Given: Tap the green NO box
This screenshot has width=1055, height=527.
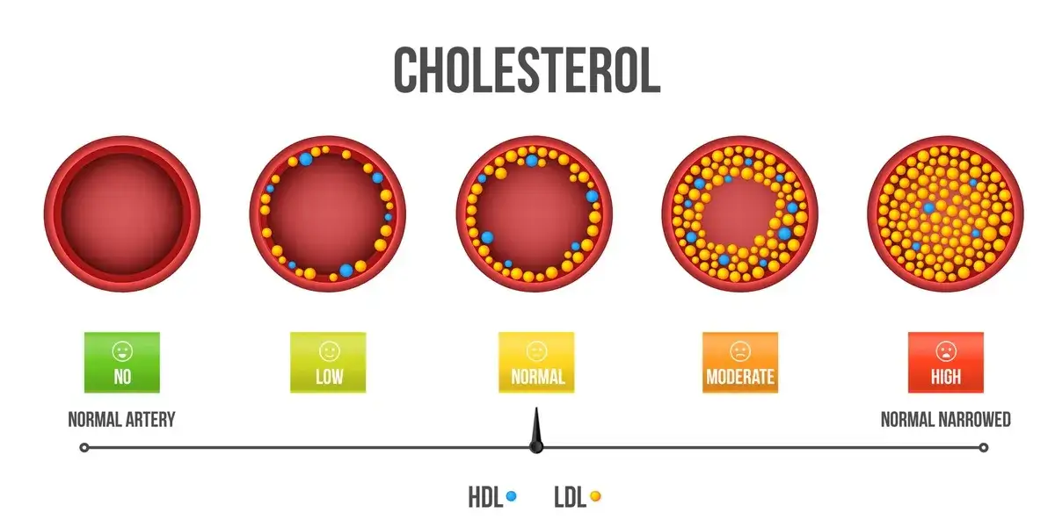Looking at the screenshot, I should [122, 363].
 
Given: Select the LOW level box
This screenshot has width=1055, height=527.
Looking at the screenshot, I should [328, 363].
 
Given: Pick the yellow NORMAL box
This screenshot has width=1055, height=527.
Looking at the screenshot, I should [536, 363].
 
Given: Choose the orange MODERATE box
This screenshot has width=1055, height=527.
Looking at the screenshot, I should [740, 363].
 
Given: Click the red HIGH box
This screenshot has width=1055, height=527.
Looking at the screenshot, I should [945, 363].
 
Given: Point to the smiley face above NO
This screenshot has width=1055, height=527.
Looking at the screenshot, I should [122, 351].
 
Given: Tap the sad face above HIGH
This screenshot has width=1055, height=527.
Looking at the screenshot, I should [945, 351].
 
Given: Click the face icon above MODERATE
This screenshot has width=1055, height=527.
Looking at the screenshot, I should [740, 351].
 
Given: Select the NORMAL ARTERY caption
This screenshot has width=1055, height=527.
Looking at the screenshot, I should [121, 420].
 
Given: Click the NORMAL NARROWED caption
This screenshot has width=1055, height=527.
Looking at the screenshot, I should [945, 420].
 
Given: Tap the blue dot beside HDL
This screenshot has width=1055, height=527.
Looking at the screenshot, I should [511, 496].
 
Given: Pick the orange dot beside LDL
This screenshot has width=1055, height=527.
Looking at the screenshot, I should [595, 496].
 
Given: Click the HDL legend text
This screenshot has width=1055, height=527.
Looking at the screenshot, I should [485, 497].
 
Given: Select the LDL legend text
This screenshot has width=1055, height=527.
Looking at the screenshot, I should [571, 497].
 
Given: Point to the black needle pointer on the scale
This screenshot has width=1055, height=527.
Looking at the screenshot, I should [535, 436].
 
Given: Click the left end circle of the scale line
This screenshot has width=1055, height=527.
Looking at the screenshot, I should [84, 447].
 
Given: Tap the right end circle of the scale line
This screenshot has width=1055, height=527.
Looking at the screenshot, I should [984, 447].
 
